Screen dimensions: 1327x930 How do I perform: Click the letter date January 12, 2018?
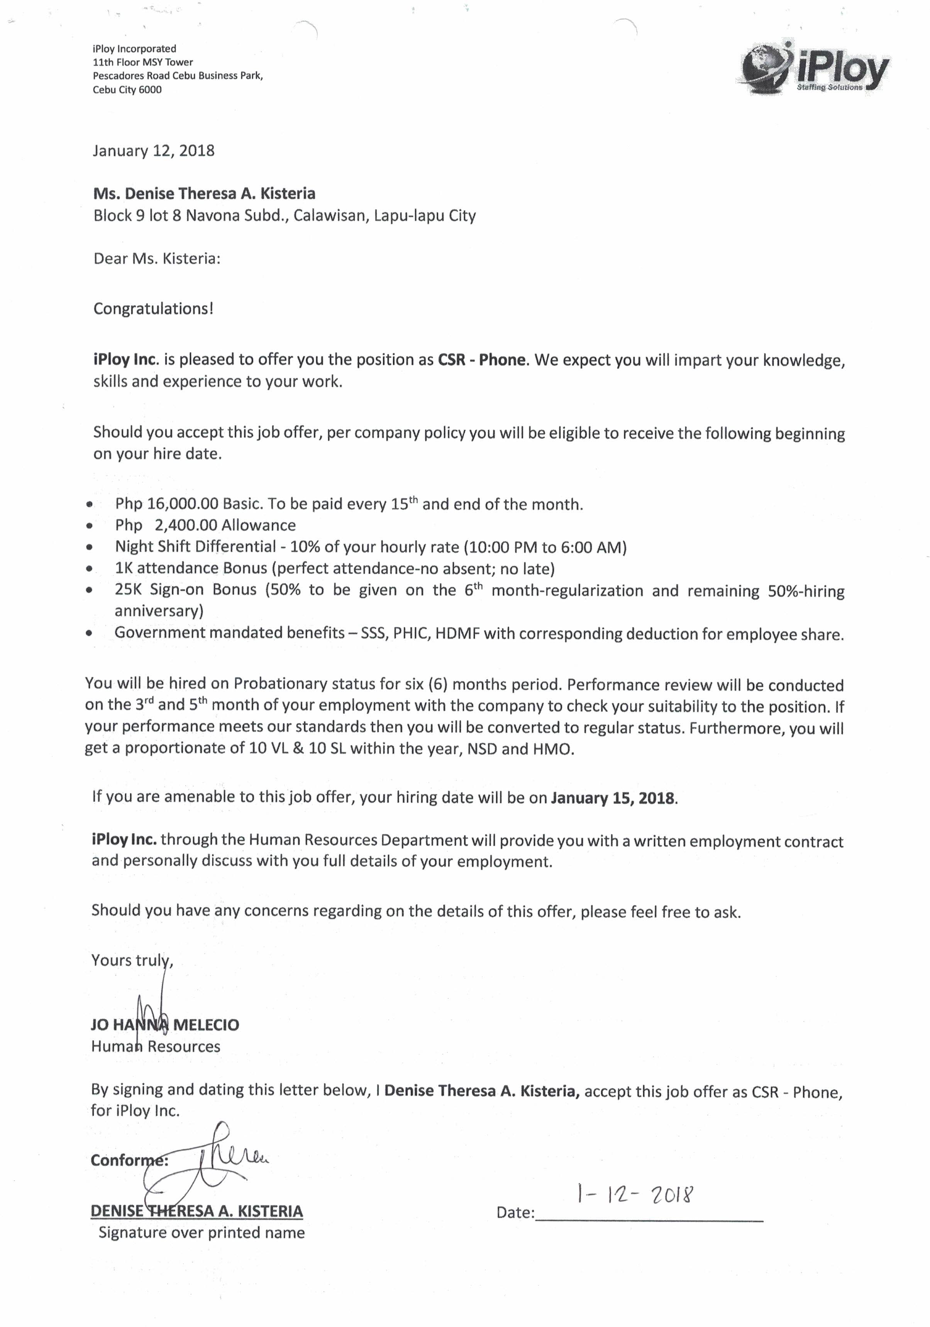pyautogui.click(x=153, y=151)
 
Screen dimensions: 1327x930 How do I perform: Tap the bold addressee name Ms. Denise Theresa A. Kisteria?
pyautogui.click(x=204, y=193)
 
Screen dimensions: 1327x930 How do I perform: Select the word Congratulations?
pyautogui.click(x=153, y=308)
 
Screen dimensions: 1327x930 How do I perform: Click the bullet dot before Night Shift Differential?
pyautogui.click(x=89, y=547)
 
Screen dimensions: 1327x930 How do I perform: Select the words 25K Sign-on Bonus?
pyautogui.click(x=185, y=590)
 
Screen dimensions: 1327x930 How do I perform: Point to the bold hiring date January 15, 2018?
pyautogui.click(x=613, y=798)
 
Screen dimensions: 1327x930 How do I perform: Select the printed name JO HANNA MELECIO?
pyautogui.click(x=165, y=1025)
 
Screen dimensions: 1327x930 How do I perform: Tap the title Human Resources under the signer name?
pyautogui.click(x=156, y=1046)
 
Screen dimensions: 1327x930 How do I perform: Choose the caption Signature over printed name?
pyautogui.click(x=201, y=1232)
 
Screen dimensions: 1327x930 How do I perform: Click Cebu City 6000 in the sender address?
pyautogui.click(x=127, y=90)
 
